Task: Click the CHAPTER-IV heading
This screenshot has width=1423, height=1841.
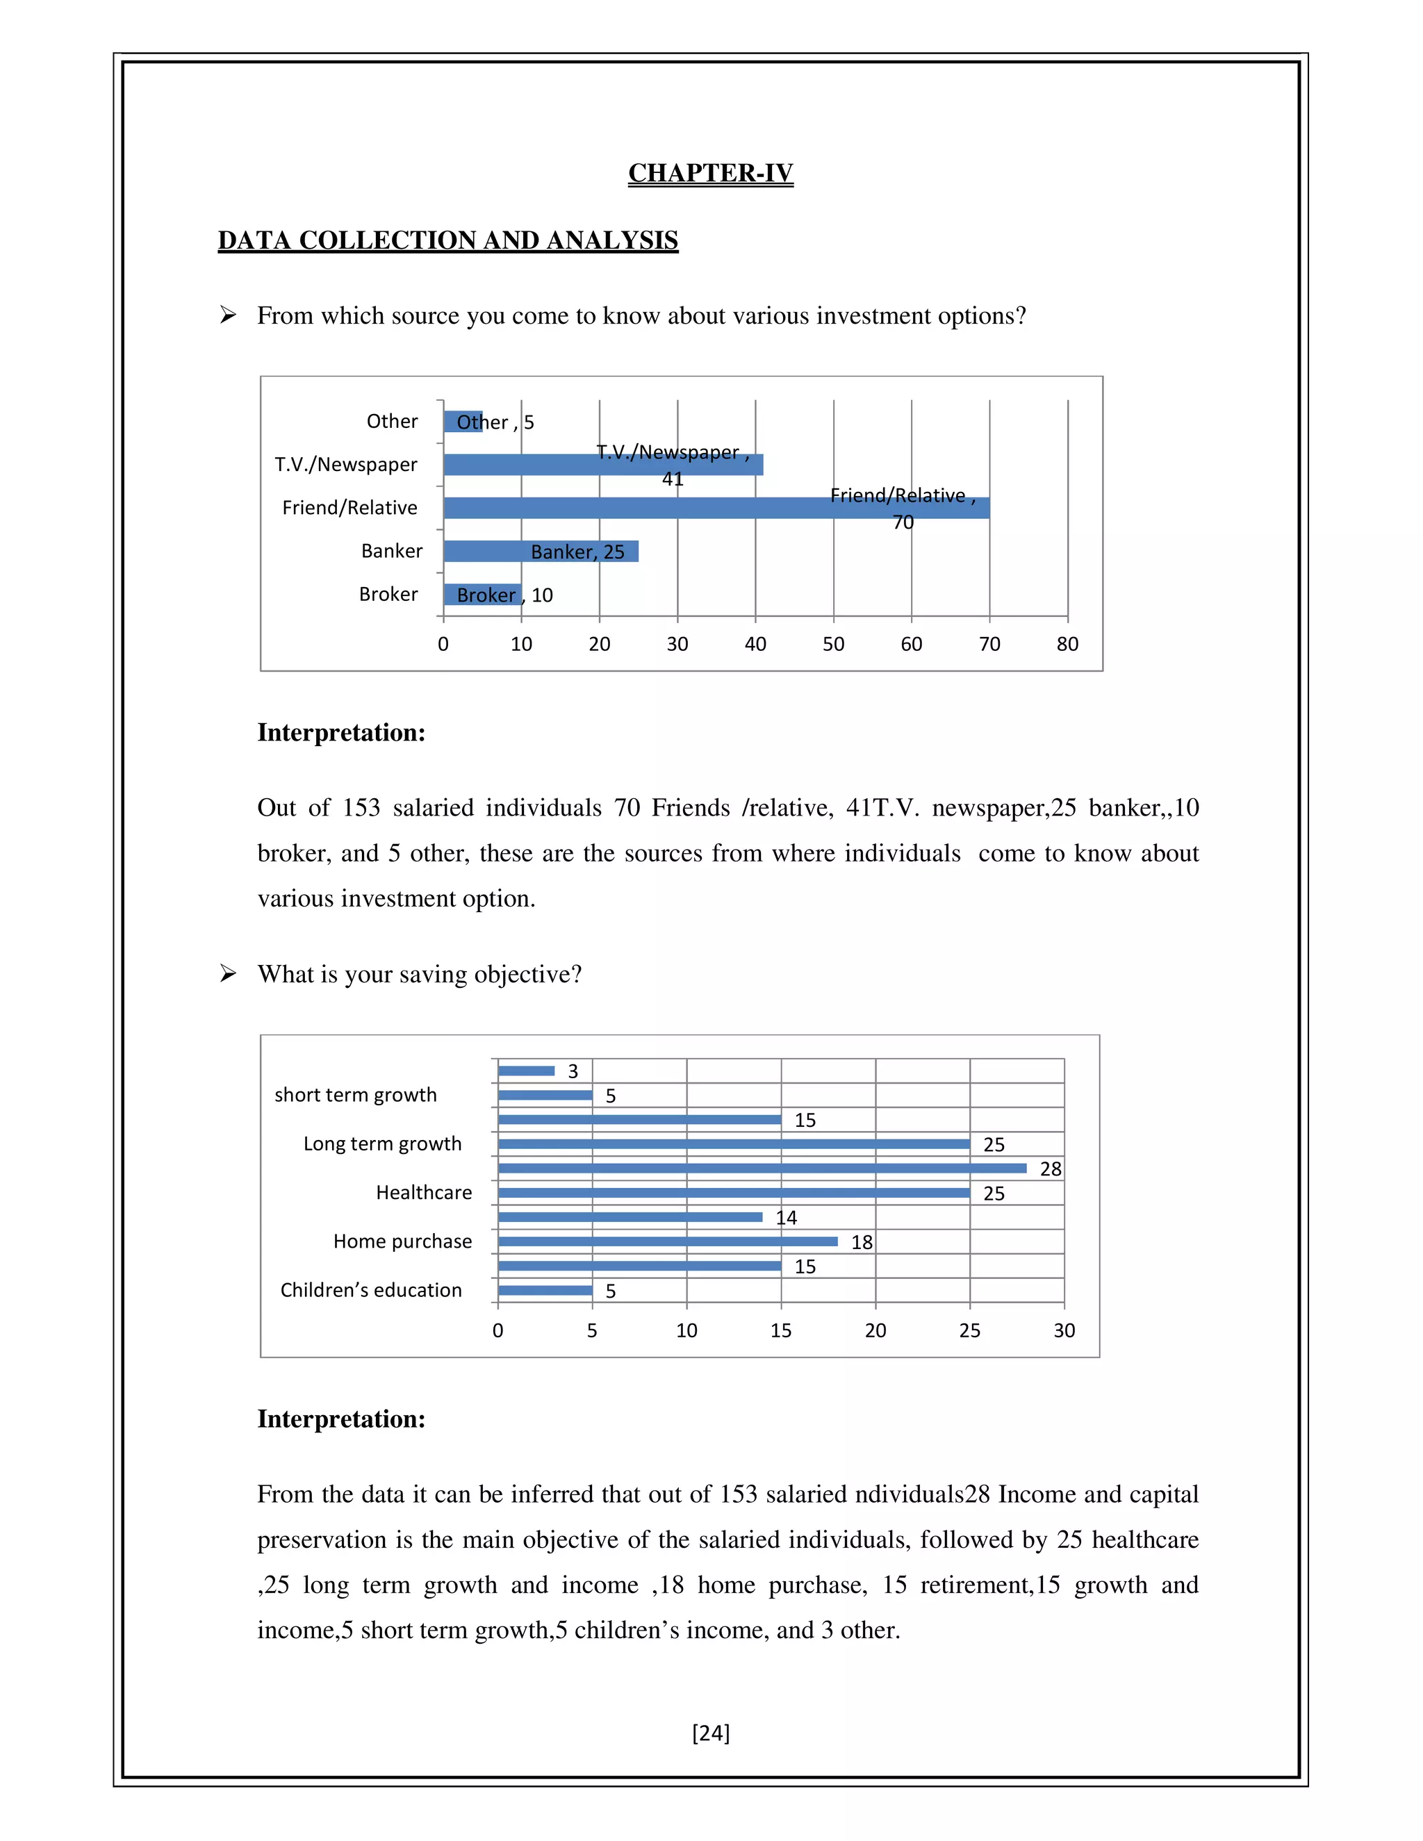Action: point(710,173)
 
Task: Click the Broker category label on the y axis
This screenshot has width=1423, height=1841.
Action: point(388,594)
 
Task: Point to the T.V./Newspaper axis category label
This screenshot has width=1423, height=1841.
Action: point(345,465)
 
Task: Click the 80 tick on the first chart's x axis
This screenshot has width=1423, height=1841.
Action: point(1067,644)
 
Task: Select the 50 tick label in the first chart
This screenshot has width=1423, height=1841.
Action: point(833,644)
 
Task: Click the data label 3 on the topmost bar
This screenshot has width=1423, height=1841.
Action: point(573,1071)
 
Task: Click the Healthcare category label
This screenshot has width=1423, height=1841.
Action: point(423,1193)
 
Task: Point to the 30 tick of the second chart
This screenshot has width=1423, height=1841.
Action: point(1064,1330)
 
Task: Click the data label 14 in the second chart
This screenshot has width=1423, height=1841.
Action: point(786,1218)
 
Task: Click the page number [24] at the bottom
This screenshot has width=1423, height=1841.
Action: point(711,1732)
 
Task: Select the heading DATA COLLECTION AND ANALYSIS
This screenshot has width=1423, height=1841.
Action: point(447,240)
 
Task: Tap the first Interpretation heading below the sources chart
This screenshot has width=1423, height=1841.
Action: point(341,732)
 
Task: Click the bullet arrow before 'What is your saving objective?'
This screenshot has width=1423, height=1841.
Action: point(228,973)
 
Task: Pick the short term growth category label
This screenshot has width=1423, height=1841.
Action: point(356,1095)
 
